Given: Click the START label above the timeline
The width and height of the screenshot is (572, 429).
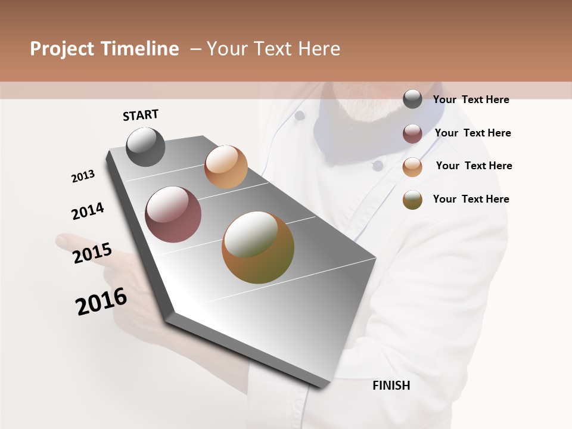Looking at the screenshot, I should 141,115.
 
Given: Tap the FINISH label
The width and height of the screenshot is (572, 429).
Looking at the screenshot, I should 391,386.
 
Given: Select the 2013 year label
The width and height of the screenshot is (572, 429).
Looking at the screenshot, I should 83,176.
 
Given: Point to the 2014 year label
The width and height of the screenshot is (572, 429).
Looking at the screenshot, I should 88,212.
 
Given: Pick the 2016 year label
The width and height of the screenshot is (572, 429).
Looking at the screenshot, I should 101,301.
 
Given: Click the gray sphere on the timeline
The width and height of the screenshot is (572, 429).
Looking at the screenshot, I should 145,147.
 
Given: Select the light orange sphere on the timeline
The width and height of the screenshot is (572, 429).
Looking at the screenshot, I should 226,167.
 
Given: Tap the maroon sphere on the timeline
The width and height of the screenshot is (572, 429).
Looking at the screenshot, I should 173,214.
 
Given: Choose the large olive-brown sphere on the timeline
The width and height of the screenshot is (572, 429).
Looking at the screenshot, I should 258,247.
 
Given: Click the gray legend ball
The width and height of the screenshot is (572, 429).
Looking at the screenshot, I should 412,99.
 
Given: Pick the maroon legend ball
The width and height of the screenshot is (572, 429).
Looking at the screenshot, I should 412,133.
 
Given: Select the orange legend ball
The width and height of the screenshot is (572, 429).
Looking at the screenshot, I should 412,167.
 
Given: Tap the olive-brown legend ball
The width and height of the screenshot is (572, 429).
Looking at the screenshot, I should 412,200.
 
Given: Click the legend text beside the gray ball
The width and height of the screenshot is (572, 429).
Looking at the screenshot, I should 471,100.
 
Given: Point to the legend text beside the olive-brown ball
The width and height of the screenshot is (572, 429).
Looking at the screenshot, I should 471,199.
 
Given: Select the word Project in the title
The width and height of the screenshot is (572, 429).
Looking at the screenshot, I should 61,49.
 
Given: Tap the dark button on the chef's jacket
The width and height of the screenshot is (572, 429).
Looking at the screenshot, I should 378,166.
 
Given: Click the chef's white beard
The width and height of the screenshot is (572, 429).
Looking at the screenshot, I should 363,107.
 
